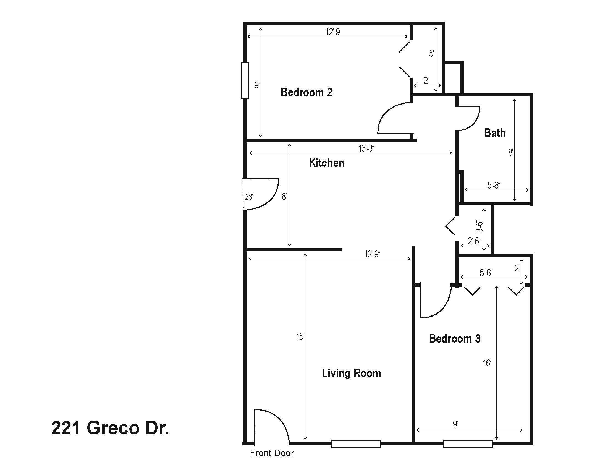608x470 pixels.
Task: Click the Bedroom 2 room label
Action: [x=306, y=92]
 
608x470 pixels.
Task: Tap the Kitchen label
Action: [x=327, y=163]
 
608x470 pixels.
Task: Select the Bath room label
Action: [x=495, y=133]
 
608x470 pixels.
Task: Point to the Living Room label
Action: [x=351, y=373]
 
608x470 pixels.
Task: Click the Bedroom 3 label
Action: [x=455, y=339]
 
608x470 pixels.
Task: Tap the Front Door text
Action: [x=272, y=453]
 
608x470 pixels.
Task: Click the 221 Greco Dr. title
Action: [x=110, y=428]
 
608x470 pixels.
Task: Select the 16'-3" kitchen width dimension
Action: [x=366, y=148]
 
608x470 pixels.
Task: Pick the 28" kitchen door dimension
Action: [x=249, y=197]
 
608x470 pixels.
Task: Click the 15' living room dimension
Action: [x=300, y=337]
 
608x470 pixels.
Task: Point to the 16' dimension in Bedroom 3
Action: [x=487, y=363]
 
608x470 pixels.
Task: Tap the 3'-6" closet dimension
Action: [x=479, y=226]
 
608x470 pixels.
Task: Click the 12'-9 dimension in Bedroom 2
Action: [x=333, y=32]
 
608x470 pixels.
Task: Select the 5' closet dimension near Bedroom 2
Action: [x=431, y=53]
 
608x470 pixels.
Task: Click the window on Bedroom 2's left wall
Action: [x=245, y=80]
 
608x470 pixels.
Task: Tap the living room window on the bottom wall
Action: [x=356, y=444]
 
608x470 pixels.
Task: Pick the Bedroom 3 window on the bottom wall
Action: [x=468, y=444]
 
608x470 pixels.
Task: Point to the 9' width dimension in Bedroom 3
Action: [x=455, y=424]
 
